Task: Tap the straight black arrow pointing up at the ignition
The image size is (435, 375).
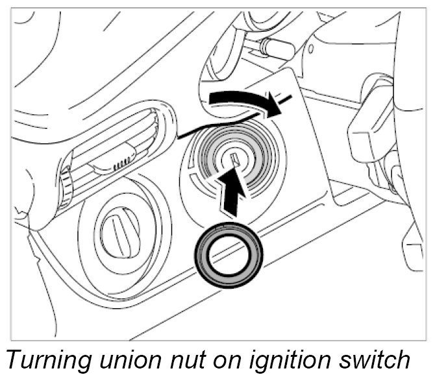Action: pyautogui.click(x=231, y=192)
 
